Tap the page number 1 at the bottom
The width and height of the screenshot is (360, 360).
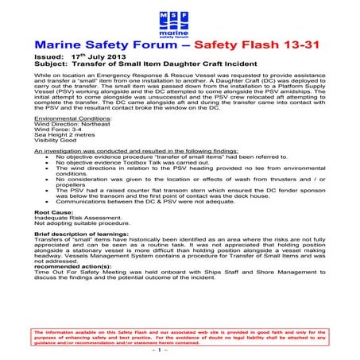(x=180, y=349)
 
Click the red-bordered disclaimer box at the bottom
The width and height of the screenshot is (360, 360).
(x=180, y=334)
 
